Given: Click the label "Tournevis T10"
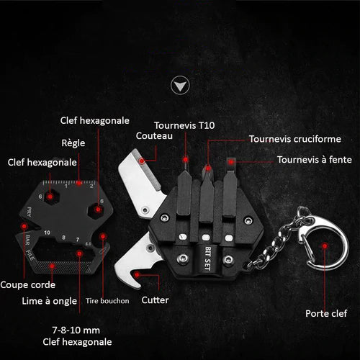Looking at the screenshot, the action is click(184, 125).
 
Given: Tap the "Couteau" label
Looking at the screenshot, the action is click(154, 136).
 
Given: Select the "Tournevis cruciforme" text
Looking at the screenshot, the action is click(295, 139).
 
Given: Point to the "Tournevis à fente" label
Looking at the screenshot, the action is click(315, 160).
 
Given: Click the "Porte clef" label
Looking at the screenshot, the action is click(326, 313).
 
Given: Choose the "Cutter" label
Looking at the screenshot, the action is click(155, 300).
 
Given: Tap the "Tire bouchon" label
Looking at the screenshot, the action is click(107, 301).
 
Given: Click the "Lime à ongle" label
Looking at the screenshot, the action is click(50, 301).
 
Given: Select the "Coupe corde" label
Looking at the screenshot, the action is click(28, 285).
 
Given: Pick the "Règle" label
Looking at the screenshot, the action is click(73, 143).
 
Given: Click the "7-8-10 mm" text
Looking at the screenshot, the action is click(76, 330).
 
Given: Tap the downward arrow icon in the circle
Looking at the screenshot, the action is click(180, 85).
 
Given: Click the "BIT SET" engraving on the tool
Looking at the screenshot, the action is click(208, 258).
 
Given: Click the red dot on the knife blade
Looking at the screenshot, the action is click(142, 161).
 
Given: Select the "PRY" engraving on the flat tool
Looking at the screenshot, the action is click(29, 212).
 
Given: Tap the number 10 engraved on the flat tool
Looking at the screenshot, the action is click(47, 233).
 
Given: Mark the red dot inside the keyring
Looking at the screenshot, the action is click(325, 246).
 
